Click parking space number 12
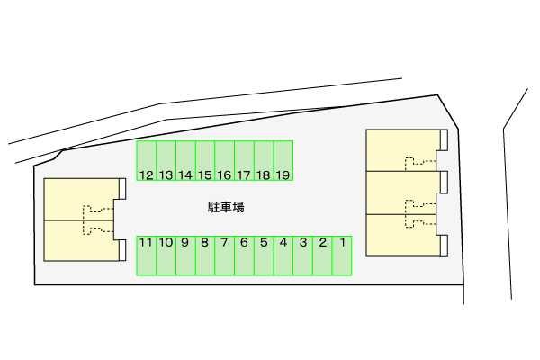(147, 160)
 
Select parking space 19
(283, 160)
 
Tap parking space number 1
(342, 256)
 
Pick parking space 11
(147, 256)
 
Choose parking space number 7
(224, 256)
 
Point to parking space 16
(224, 160)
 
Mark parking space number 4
(283, 256)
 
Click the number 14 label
(185, 175)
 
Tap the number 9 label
(184, 242)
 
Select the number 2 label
(323, 242)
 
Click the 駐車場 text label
(226, 207)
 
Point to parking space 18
(264, 160)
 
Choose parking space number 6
(244, 256)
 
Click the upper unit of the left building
(79, 199)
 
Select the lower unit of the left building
(79, 240)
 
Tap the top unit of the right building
(403, 150)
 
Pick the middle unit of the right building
(403, 193)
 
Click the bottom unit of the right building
(403, 235)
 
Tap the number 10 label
(166, 242)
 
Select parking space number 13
(166, 160)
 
